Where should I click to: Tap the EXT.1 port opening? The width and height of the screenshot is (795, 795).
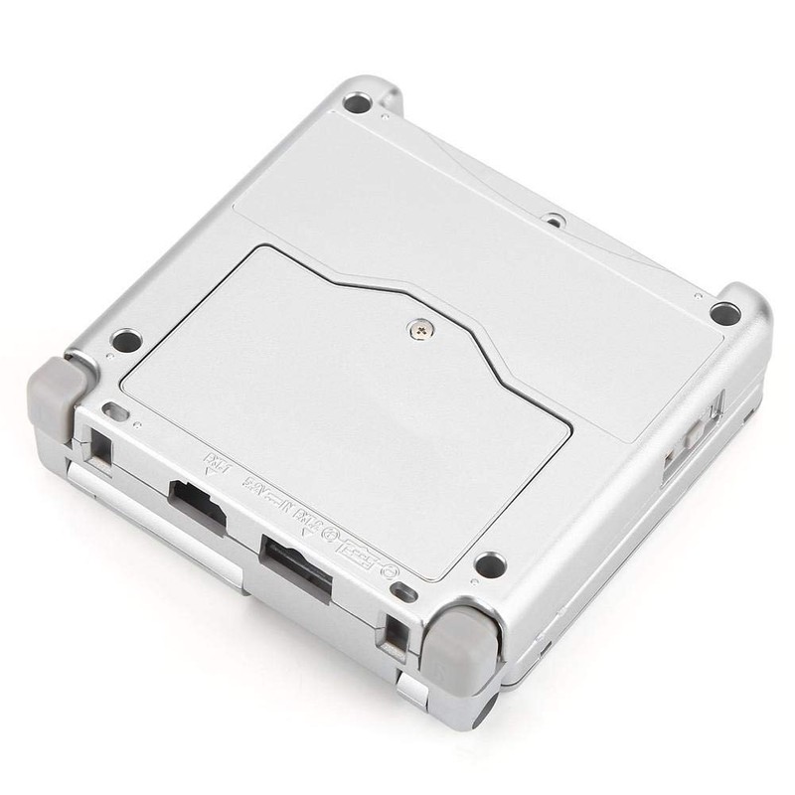[195, 499]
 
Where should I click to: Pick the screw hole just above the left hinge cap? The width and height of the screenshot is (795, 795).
[126, 342]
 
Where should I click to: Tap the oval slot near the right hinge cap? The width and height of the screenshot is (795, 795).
[402, 593]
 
